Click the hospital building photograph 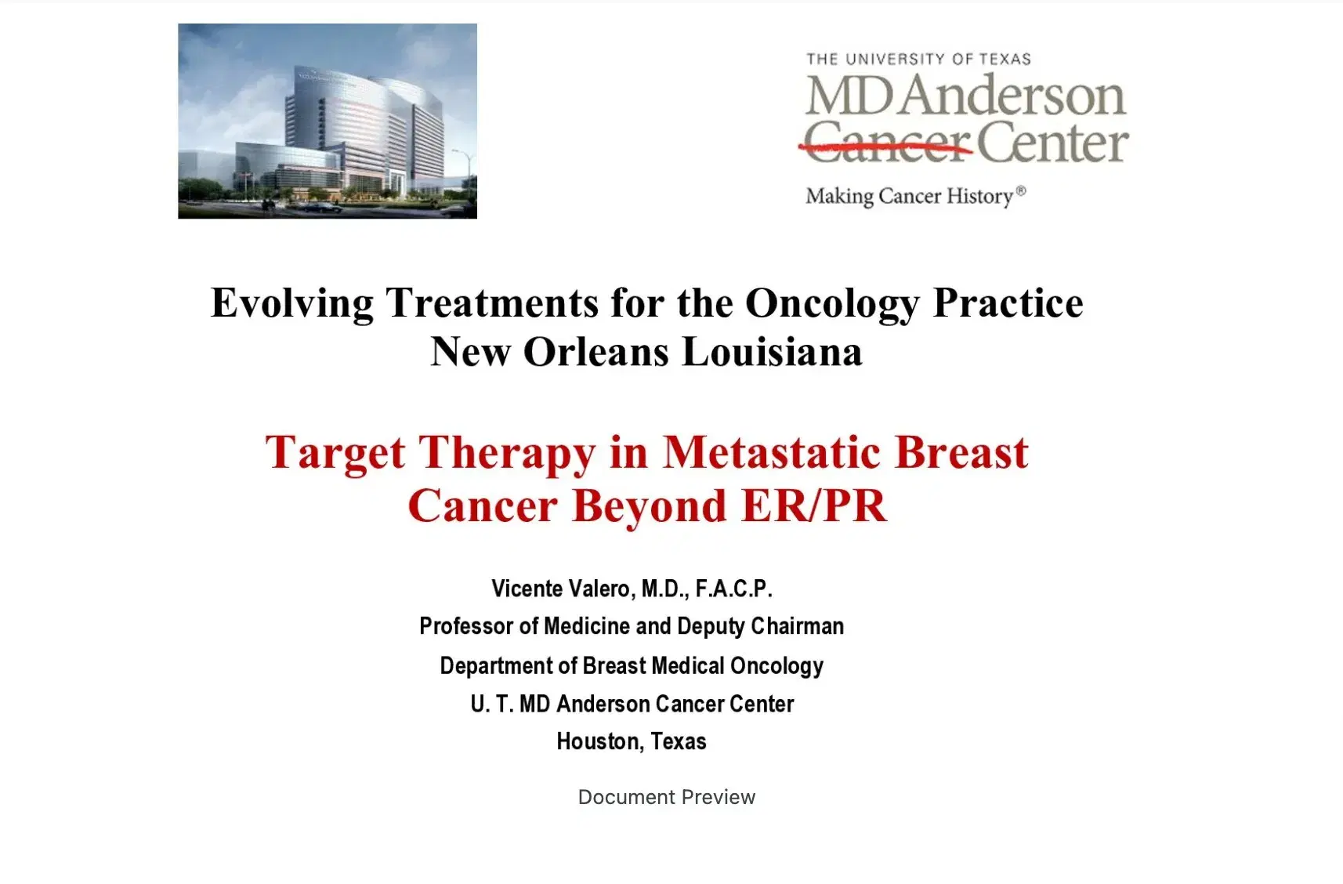tap(328, 121)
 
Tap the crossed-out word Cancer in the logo tap(887, 142)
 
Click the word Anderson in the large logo tap(1013, 95)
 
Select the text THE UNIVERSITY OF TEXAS tap(918, 59)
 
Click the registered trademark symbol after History tap(1021, 191)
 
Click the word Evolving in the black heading tap(292, 303)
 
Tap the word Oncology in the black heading tap(832, 303)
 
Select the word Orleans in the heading tap(596, 351)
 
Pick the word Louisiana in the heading tap(773, 351)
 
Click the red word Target tap(335, 453)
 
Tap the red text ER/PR tap(813, 505)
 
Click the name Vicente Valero tap(563, 589)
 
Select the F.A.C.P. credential tap(734, 589)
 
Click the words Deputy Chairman tap(761, 626)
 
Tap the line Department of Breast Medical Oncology tap(632, 665)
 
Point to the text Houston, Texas tap(632, 742)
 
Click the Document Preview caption tap(667, 797)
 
